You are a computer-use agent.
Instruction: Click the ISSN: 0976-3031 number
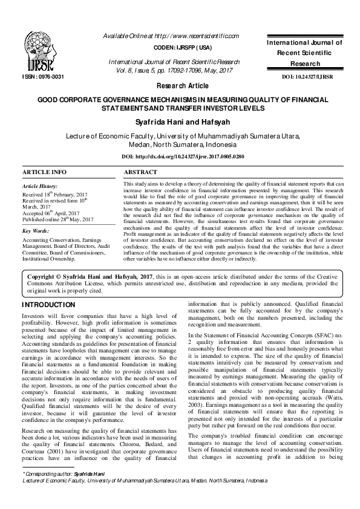pos(43,77)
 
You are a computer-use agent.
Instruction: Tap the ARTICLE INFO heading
pos(44,172)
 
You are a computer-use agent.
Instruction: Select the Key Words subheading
pos(37,231)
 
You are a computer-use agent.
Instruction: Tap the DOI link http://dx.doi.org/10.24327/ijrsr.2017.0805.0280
pos(183,157)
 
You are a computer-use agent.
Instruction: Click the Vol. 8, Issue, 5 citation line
pos(174,70)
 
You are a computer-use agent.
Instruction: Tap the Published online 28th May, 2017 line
pos(57,219)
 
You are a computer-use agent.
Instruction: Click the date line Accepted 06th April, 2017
pos(51,213)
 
